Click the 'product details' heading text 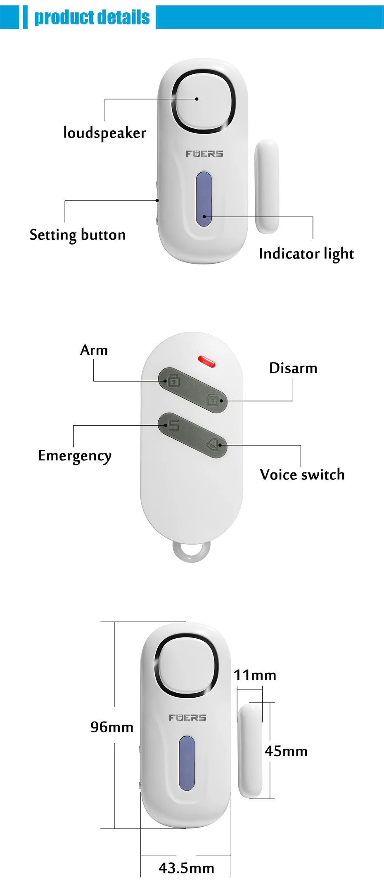pos(92,17)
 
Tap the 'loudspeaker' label pos(104,133)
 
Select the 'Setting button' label pos(78,235)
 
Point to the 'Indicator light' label pos(306,254)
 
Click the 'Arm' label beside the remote pos(94,350)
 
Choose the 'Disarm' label pos(293,368)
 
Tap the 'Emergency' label pos(75,456)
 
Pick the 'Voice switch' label pos(302,474)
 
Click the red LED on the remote pos(206,362)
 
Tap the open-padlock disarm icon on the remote pos(212,399)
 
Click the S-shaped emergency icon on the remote pos(173,425)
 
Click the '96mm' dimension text pos(112,727)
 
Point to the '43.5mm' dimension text pos(186,868)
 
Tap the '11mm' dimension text pos(255,675)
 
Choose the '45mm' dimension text pos(286,751)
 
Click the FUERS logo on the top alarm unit pos(204,154)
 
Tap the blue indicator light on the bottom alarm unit pos(187,763)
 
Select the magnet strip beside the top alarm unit pos(267,186)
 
